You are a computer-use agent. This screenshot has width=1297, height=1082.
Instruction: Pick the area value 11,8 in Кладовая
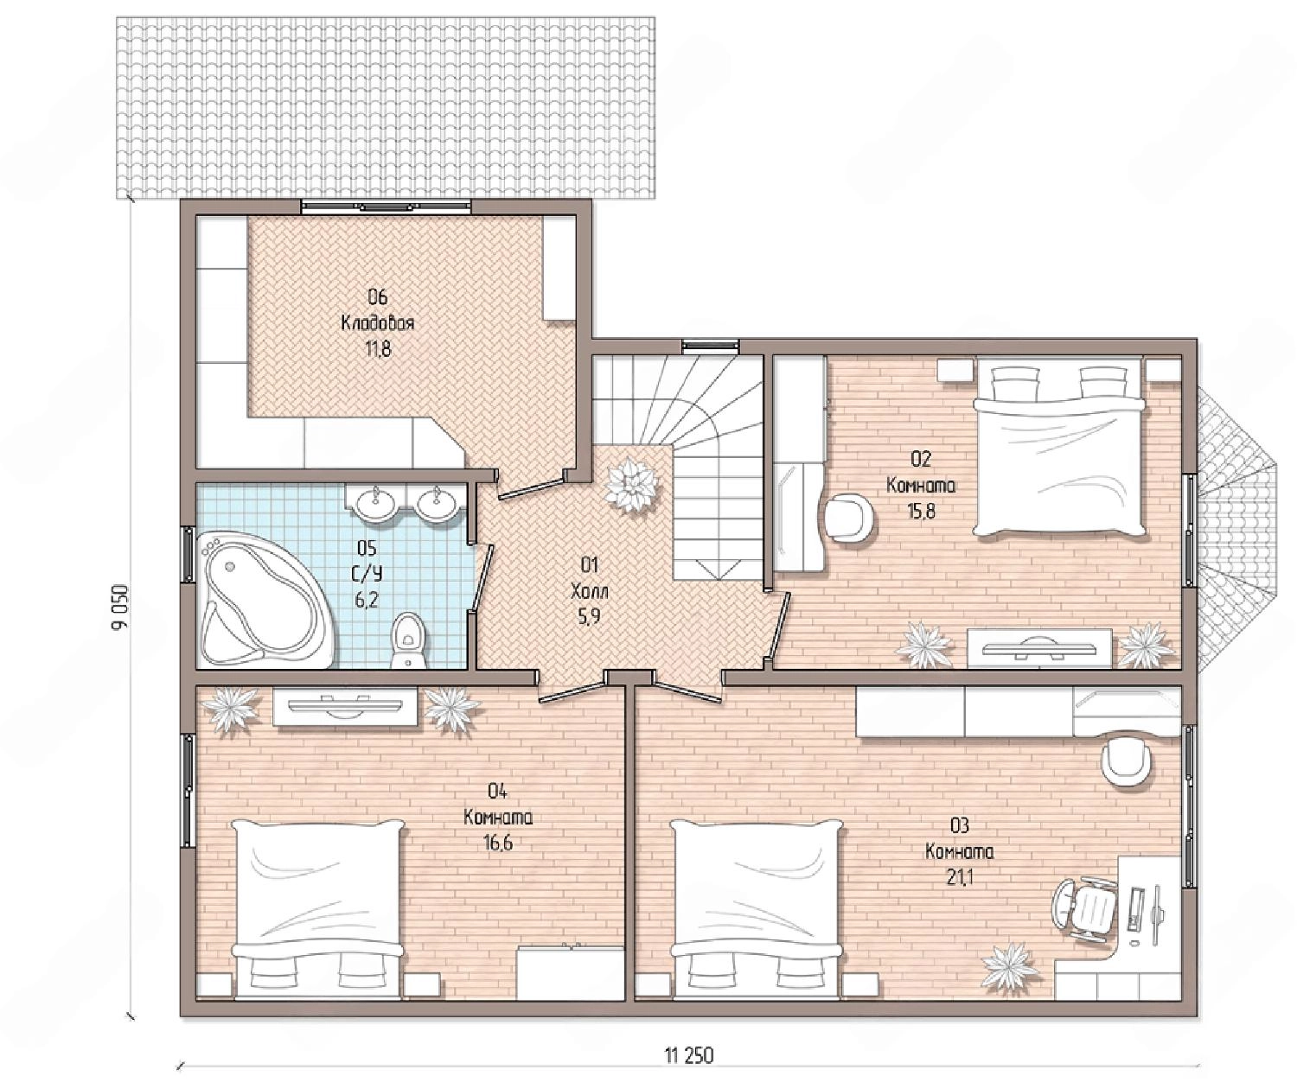pos(378,349)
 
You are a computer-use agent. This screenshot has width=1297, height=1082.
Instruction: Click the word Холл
pos(590,592)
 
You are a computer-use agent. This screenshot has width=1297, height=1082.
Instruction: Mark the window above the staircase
pos(710,345)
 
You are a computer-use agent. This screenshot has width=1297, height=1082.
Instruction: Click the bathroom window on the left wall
pos(188,554)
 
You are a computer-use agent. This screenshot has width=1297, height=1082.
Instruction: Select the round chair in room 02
pos(850,515)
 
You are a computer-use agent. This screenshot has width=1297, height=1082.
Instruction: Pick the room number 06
pos(378,297)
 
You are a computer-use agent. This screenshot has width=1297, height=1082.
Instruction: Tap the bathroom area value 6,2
pos(367,600)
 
